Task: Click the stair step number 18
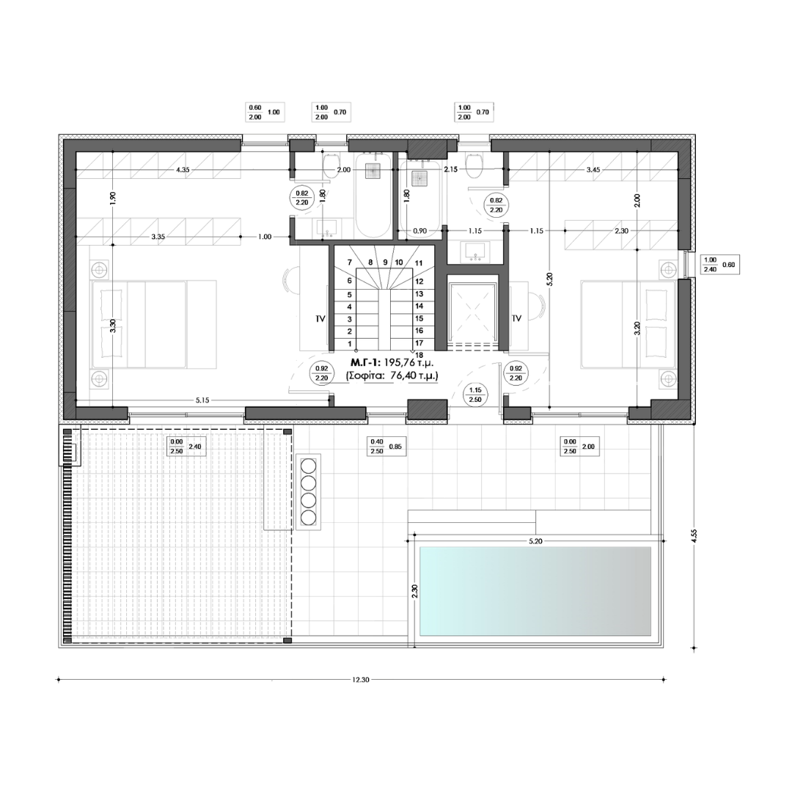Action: click(419, 355)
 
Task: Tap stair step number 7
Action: click(350, 263)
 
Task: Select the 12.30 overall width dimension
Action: click(361, 679)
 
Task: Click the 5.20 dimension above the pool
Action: click(535, 541)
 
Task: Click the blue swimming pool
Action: click(535, 591)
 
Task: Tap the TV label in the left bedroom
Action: click(320, 319)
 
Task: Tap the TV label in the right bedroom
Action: click(516, 318)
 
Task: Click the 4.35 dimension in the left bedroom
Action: click(183, 169)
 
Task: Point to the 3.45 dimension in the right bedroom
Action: click(593, 169)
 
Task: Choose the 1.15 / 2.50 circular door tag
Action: click(475, 395)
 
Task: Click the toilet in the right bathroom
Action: click(474, 166)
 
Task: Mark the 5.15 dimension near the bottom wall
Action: click(202, 400)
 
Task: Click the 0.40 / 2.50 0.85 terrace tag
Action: click(386, 447)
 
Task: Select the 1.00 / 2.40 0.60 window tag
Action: click(720, 265)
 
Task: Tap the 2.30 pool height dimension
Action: click(414, 591)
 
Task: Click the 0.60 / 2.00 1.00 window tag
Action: click(265, 112)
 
